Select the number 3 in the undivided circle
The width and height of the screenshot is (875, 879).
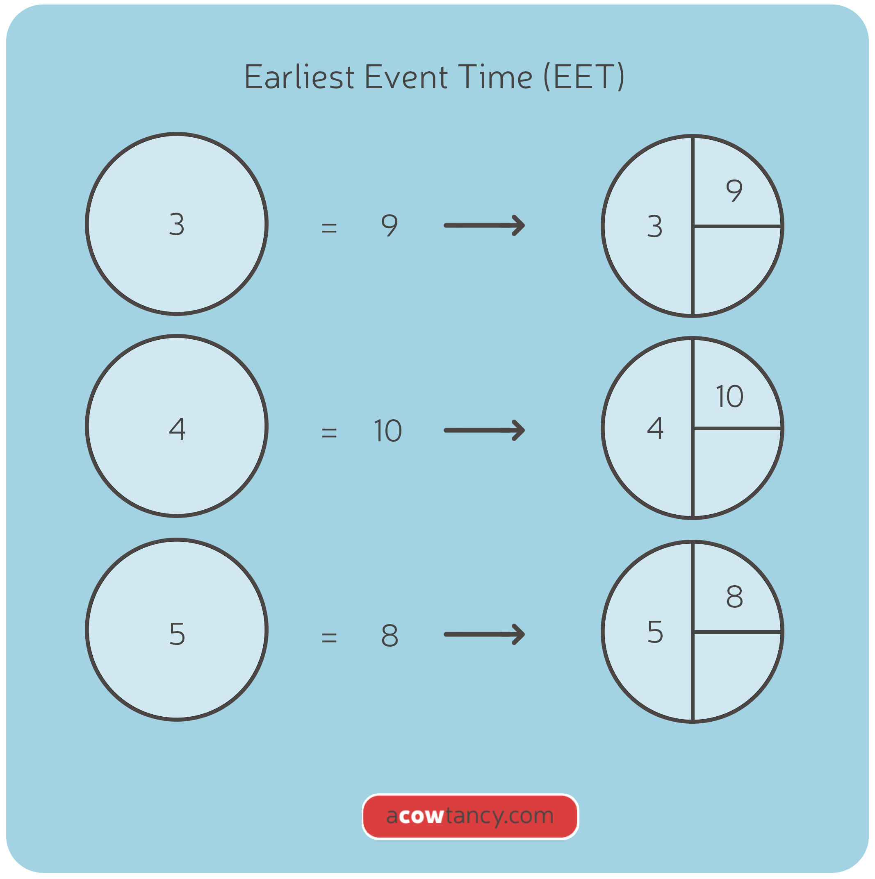[177, 224]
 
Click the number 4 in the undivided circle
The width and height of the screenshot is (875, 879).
[177, 429]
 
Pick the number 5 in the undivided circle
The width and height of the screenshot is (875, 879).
[177, 634]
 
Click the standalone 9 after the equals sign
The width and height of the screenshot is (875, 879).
[390, 225]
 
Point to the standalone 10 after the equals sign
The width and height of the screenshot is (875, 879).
[388, 430]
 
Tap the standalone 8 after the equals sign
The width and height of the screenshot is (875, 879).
[390, 636]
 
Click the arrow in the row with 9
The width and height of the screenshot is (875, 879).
[484, 225]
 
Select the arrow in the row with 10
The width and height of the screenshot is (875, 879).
[484, 430]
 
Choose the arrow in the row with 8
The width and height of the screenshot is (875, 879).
[484, 634]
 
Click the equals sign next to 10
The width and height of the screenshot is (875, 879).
[329, 432]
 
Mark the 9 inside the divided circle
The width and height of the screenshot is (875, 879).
[734, 190]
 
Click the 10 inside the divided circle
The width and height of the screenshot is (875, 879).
[730, 396]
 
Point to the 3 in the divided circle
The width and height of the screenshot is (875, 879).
[655, 226]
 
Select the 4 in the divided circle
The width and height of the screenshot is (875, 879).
[655, 428]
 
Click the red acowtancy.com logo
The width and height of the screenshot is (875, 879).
[470, 816]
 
